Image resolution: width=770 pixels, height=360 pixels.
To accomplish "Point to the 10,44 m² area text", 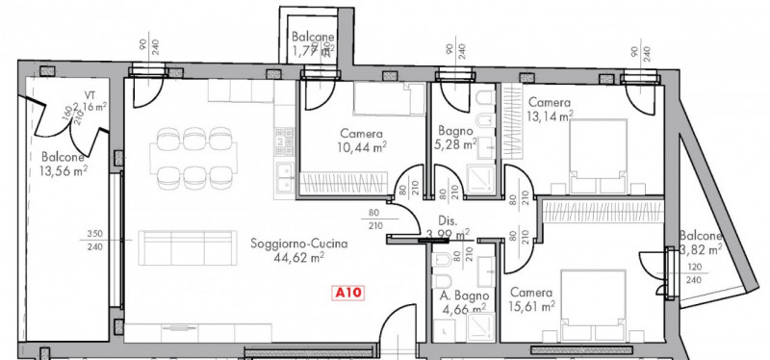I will pos(362,148).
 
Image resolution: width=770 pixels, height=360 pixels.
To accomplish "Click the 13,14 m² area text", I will pos(550,117).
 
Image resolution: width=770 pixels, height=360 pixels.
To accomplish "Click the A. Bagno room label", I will pos(458,296).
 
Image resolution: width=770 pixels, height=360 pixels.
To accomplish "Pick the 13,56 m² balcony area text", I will pos(64,171).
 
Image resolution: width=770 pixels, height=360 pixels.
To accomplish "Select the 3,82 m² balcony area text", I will pos(700,249).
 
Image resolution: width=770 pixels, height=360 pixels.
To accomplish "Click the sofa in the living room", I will pos(190,249).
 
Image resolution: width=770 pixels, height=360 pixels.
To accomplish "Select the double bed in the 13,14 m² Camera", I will pos(598,154).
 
